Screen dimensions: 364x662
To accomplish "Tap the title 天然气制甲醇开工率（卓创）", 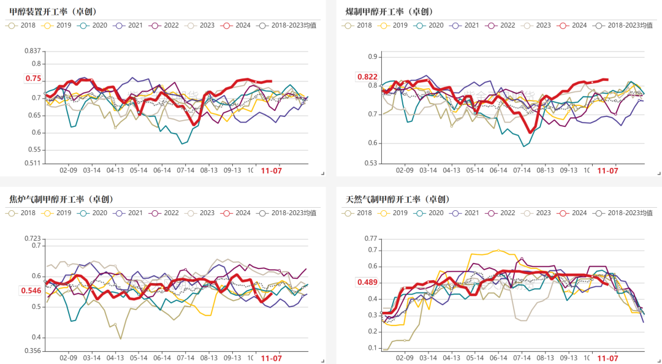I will point(398,199).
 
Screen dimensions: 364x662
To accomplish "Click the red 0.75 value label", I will point(33,78).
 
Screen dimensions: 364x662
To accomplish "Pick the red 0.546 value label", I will point(31,291).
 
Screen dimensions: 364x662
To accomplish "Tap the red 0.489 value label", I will point(368,282).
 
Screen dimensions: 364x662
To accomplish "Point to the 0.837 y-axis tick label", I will point(32,51).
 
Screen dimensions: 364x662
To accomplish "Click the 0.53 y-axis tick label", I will point(371,163).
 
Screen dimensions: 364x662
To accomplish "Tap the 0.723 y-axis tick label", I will point(32,238).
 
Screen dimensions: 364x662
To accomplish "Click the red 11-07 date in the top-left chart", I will point(272,170).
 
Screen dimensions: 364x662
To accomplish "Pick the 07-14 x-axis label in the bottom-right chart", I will point(522,358).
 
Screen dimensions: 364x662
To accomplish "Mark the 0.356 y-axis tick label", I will point(32,351).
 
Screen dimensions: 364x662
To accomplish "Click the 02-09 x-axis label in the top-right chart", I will point(405,170).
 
